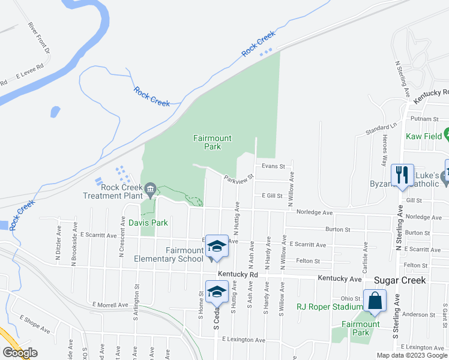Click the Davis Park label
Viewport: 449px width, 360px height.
tap(148, 223)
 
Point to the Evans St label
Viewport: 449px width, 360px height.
tap(272, 166)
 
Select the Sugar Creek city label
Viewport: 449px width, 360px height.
tap(400, 280)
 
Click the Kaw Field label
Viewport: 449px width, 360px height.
tap(423, 137)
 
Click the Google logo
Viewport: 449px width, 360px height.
tap(20, 353)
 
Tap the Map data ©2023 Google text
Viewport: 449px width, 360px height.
tap(412, 355)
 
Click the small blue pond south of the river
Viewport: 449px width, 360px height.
tap(55, 112)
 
